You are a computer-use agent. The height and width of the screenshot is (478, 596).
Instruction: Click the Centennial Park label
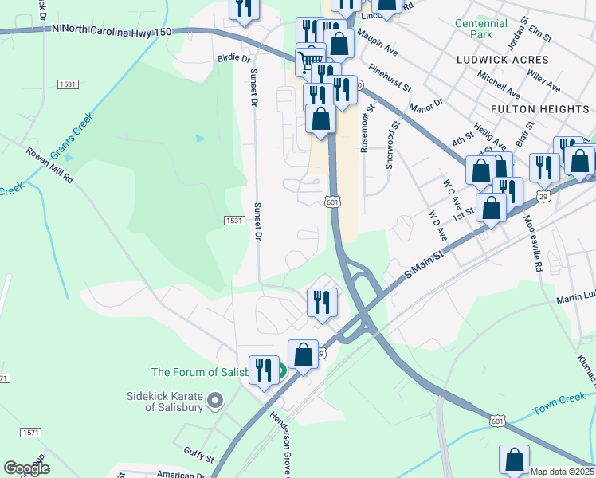480,29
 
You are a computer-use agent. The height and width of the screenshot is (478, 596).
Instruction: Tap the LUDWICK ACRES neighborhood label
503,60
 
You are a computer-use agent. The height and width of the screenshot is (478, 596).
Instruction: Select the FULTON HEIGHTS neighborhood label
539,108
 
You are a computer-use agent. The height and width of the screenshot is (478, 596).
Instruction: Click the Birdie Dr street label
233,59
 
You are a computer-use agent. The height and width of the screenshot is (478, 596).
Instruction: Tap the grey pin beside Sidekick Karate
214,401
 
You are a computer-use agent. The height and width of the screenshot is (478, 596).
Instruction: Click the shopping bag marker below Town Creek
514,460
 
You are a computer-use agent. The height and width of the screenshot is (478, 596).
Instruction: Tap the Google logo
26,468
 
